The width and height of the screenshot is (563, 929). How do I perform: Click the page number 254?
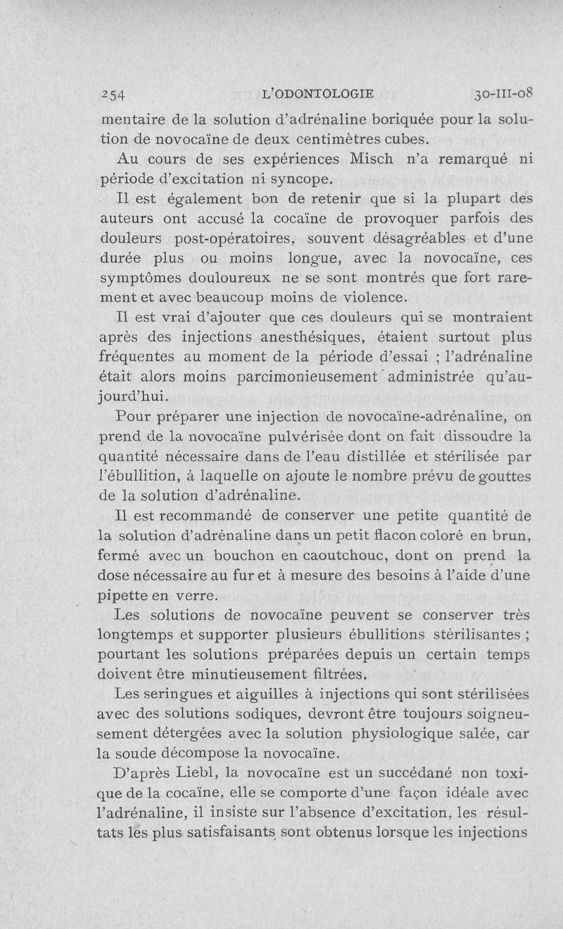113,93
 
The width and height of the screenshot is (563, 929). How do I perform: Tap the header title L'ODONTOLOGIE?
317,92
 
